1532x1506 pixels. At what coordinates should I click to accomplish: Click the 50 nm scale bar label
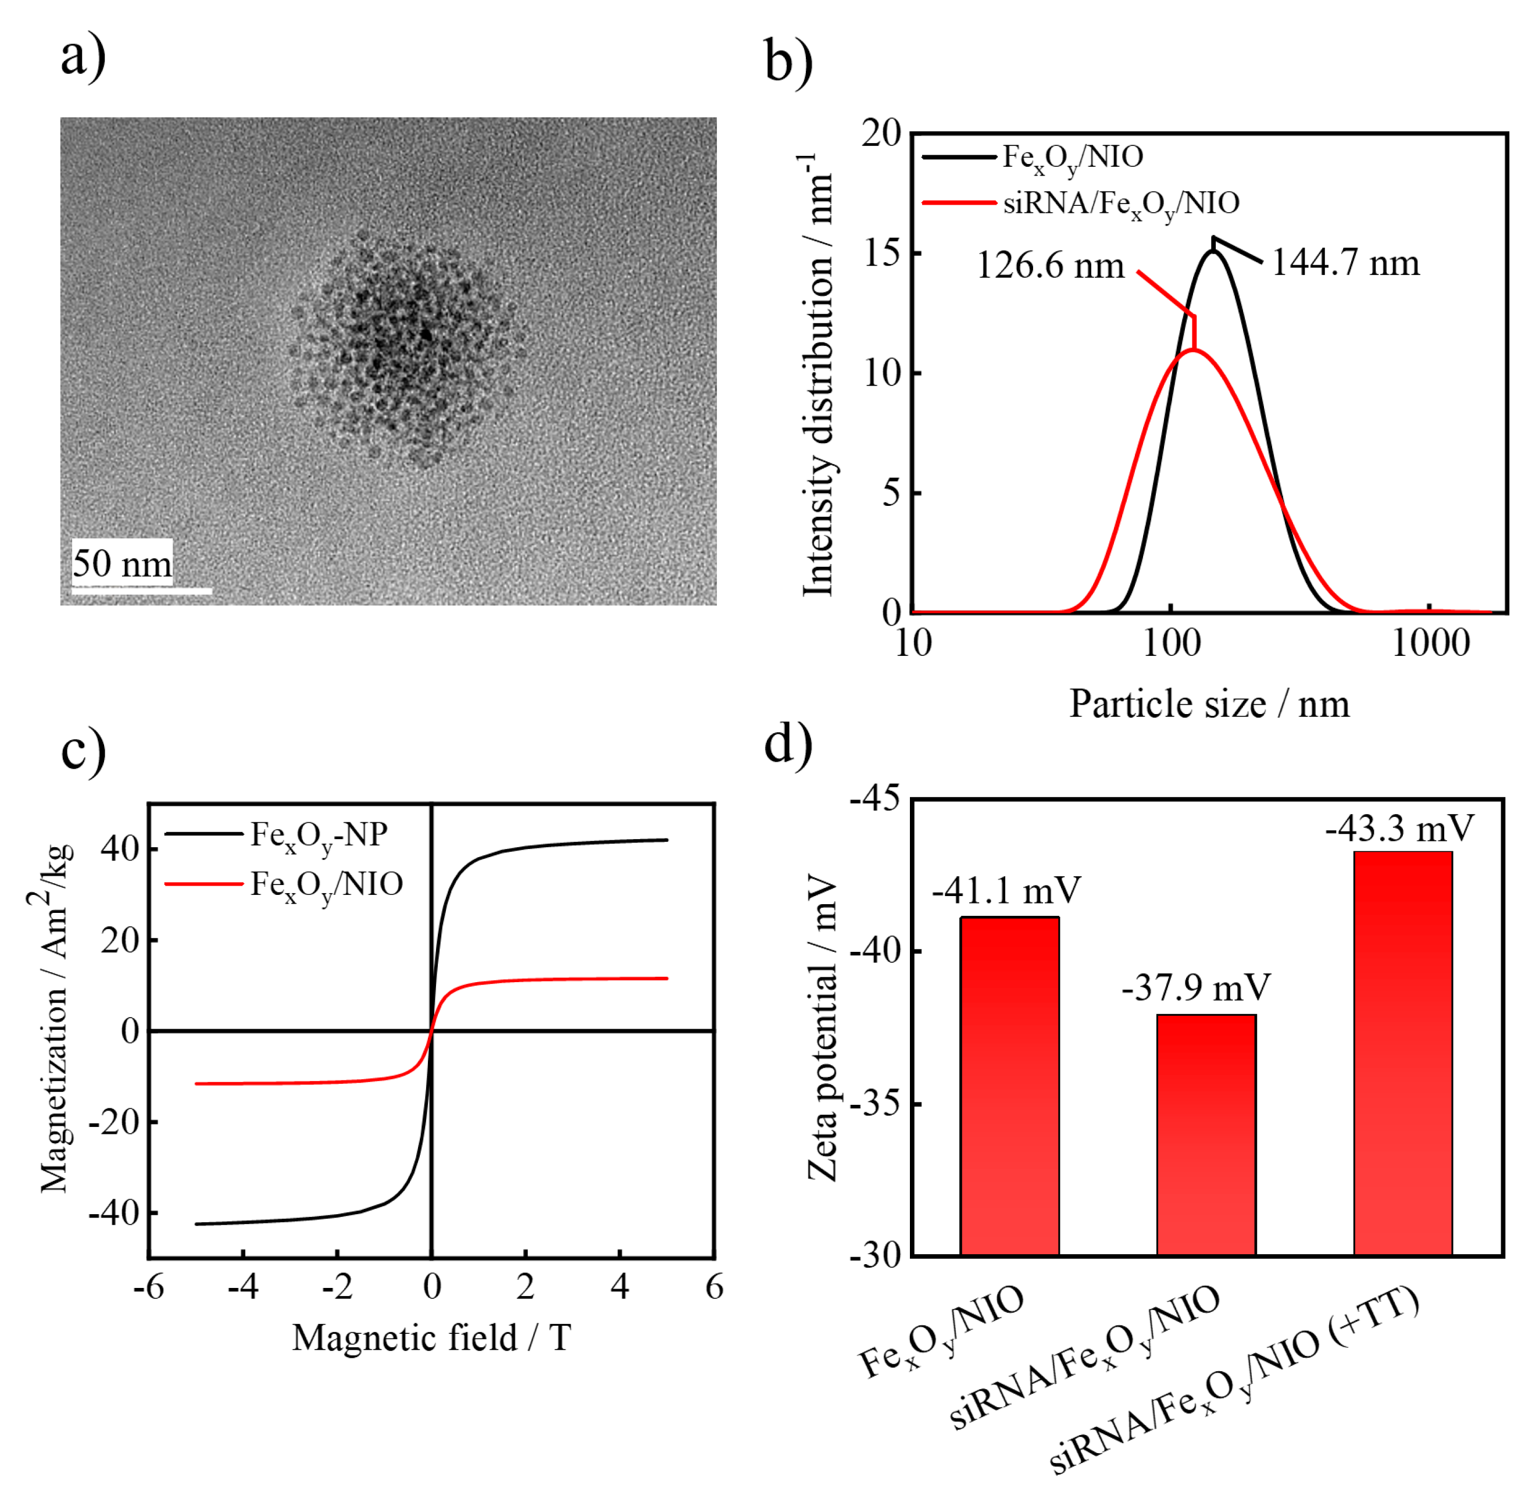point(122,564)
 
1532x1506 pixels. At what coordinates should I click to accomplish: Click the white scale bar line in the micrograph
point(142,591)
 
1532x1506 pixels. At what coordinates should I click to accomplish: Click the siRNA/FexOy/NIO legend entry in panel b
point(1120,204)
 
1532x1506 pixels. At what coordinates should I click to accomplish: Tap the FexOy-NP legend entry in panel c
point(319,835)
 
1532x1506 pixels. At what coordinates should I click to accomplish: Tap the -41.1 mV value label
point(1005,891)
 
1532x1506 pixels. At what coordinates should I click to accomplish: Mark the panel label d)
point(788,744)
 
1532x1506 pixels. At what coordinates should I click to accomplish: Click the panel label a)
point(83,57)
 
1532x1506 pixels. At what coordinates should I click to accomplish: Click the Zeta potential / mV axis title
point(823,1028)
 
